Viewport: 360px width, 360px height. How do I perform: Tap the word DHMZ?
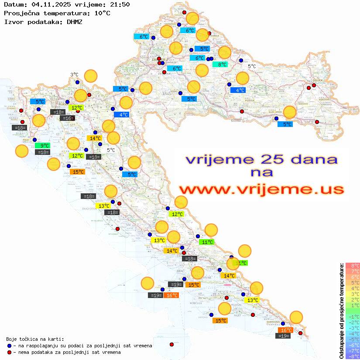tap(74, 21)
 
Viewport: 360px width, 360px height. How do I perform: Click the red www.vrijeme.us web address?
tap(261, 189)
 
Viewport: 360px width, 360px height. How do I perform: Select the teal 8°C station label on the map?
tap(220, 65)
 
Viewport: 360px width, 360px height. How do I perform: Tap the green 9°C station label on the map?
tap(44, 146)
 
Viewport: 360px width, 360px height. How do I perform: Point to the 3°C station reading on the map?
tap(75, 75)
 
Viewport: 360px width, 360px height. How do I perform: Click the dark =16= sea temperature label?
tap(67, 118)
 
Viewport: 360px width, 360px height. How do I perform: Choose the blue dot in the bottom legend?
tap(9, 346)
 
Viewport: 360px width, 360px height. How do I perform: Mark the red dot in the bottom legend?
tap(9, 352)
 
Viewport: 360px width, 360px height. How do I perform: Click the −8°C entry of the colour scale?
tap(353, 356)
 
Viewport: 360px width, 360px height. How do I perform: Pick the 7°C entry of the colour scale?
tap(353, 271)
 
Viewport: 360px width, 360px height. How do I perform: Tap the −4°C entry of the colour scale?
tap(353, 333)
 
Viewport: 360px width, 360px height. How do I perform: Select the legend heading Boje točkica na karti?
tap(35, 339)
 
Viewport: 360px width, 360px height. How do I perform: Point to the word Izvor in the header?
tap(13, 21)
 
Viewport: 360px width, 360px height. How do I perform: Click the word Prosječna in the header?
tap(21, 13)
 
